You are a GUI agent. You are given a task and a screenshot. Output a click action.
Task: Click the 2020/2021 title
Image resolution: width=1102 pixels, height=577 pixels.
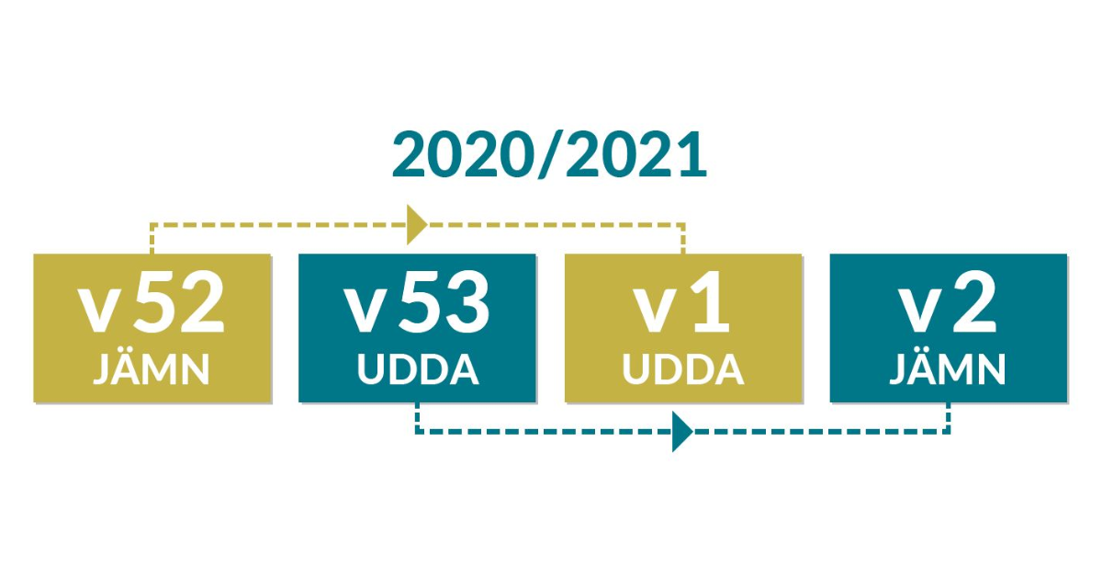coord(549,155)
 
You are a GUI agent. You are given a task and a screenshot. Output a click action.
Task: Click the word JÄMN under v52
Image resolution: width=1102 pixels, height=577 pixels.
coord(152,368)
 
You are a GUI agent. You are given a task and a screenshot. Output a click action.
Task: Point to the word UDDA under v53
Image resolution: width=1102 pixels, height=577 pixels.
coord(418,369)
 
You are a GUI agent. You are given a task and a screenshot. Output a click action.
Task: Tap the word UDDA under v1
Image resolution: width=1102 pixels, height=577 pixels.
coord(683,369)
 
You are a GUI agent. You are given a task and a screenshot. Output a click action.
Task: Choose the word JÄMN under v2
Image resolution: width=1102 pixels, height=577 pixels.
coord(948,368)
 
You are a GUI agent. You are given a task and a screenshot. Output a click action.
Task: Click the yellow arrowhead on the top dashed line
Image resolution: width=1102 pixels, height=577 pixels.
coord(416,225)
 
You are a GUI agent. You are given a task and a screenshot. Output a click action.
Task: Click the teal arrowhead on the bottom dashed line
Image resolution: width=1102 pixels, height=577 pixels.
coord(682,432)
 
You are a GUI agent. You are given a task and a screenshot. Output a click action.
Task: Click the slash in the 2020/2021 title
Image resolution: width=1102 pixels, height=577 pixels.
coord(550,155)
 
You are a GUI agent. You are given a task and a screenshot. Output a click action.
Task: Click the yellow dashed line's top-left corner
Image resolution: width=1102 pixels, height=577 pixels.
coord(152,225)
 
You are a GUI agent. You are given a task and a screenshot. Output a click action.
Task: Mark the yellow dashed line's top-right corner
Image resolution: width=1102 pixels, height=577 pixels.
coord(683,225)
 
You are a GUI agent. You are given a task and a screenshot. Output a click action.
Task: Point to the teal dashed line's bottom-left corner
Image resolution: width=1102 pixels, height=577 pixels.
coord(417,432)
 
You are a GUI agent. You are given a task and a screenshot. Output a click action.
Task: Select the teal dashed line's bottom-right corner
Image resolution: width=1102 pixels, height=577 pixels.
coord(949,432)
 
